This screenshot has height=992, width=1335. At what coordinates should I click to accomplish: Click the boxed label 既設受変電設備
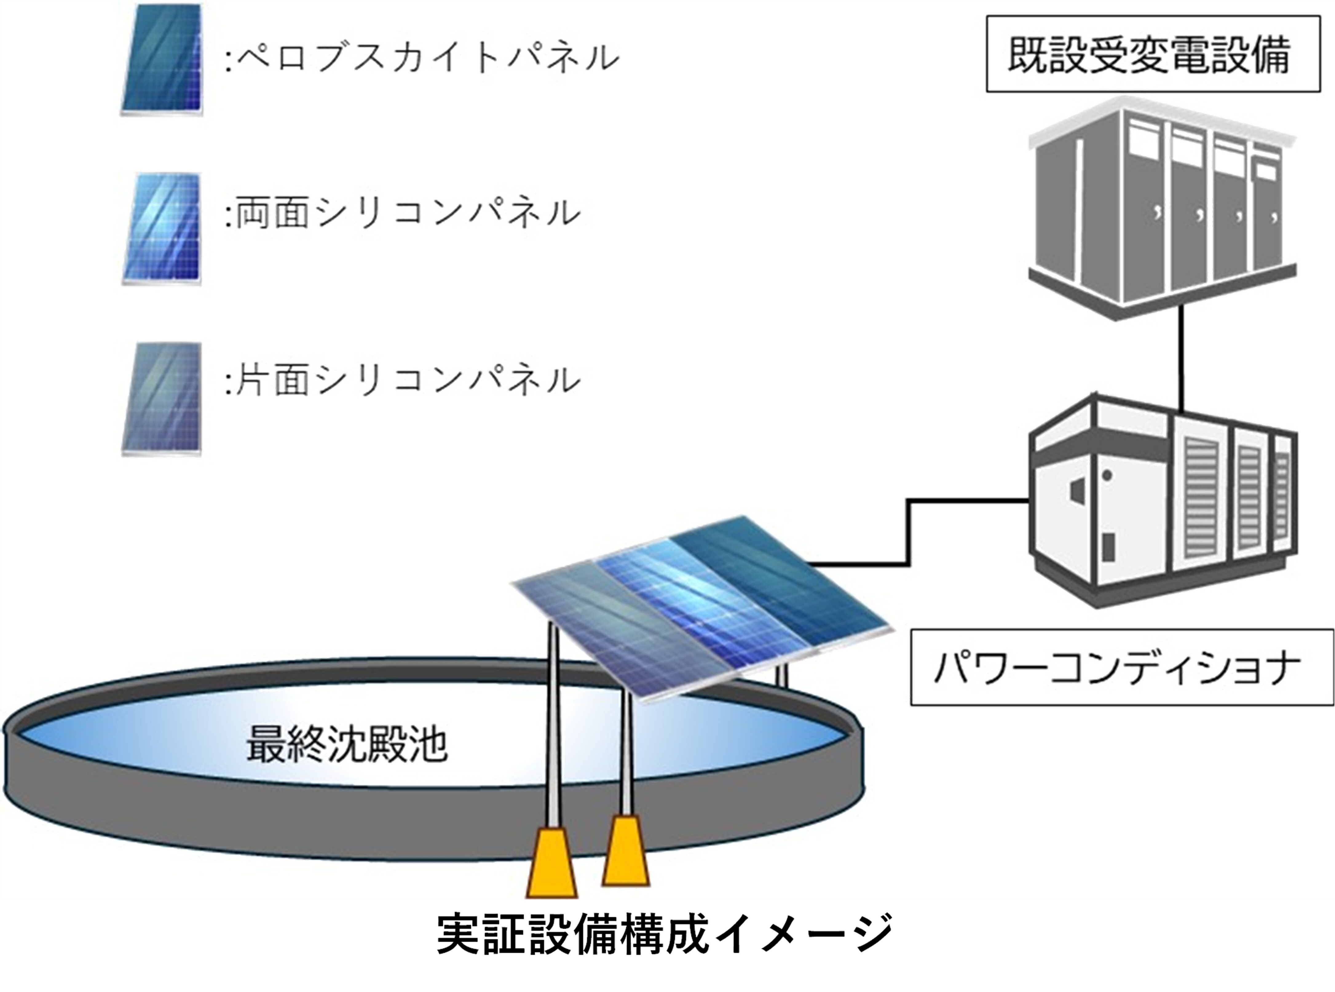[x=1152, y=54]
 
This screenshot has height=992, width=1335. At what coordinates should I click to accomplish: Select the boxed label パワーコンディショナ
[x=1121, y=667]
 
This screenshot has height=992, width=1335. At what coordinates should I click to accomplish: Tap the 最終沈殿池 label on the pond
[x=347, y=744]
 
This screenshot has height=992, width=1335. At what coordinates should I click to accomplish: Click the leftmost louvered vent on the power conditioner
[x=1201, y=498]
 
